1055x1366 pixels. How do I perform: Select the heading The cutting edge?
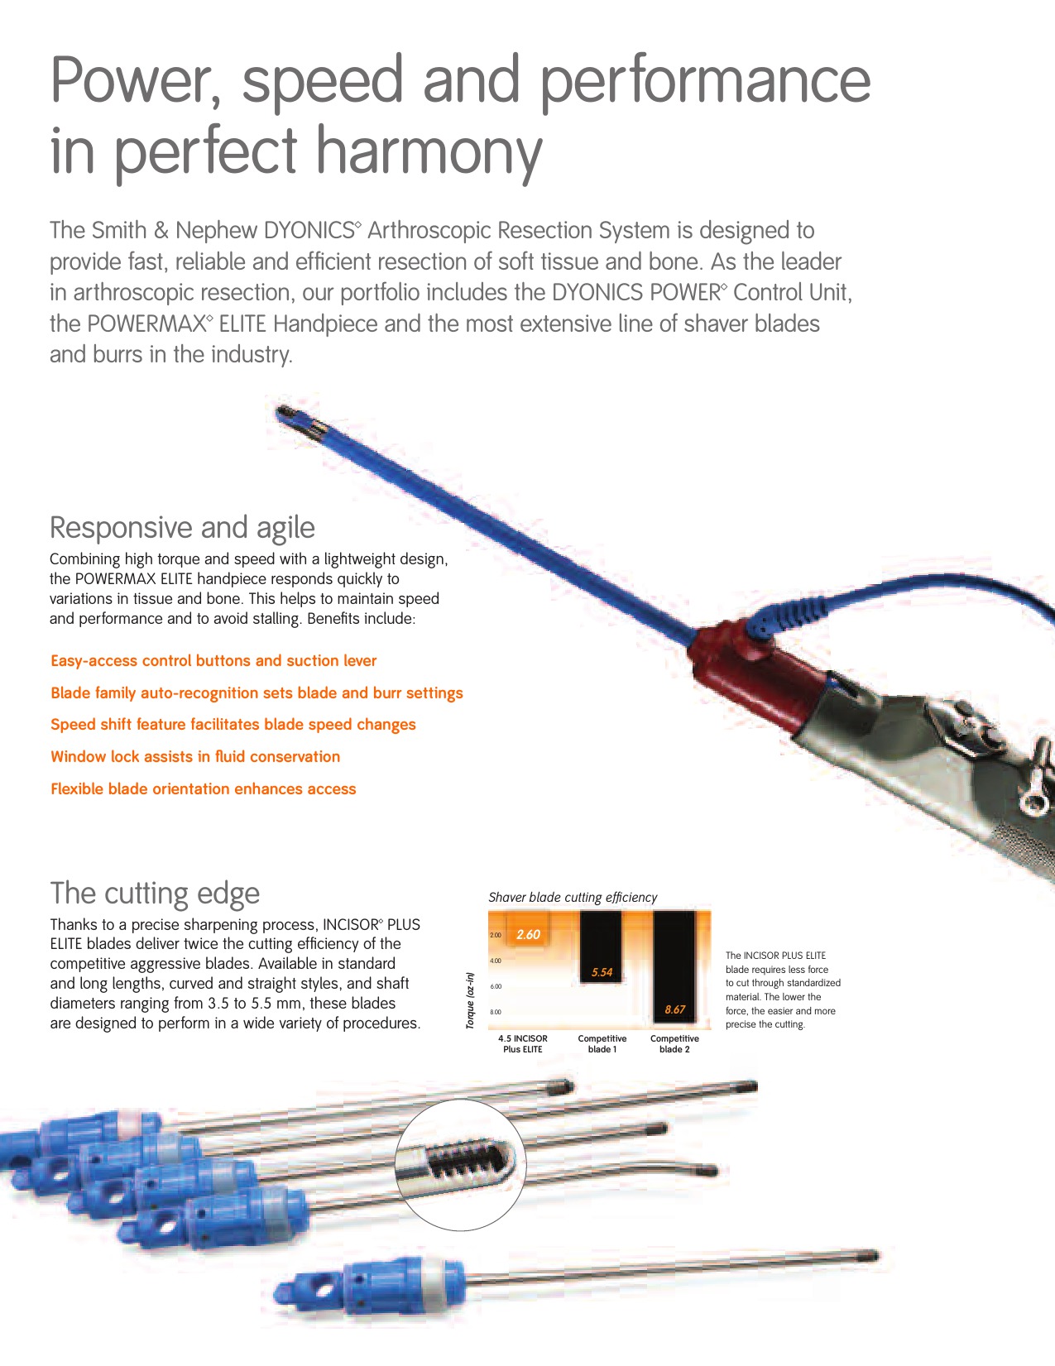pos(155,894)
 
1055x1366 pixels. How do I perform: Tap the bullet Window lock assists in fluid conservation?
pos(195,757)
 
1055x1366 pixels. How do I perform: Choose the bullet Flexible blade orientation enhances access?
pos(203,789)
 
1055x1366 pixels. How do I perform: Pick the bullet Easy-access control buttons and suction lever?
pos(213,661)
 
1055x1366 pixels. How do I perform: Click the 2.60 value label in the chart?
pos(528,935)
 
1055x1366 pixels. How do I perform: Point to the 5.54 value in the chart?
pos(602,972)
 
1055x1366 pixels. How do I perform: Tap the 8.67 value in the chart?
pos(674,1009)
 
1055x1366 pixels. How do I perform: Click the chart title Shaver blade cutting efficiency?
pos(573,898)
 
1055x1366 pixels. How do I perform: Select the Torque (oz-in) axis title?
pos(470,1000)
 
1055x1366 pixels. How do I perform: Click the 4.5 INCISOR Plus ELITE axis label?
pos(522,1044)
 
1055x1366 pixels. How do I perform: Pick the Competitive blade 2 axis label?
pos(674,1044)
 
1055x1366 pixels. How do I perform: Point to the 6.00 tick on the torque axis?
pos(496,986)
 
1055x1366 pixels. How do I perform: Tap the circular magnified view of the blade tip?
pos(460,1165)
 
